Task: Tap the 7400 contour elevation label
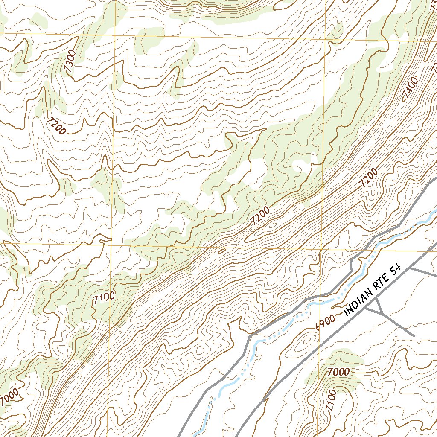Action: (409, 90)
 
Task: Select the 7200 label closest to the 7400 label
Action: (368, 178)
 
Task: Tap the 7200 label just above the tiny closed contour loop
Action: (260, 216)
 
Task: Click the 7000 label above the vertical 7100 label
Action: (339, 372)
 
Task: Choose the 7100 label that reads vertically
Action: (331, 400)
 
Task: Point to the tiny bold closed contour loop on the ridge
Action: (221, 251)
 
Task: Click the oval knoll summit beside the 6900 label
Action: (306, 341)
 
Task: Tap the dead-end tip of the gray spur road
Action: (414, 335)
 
